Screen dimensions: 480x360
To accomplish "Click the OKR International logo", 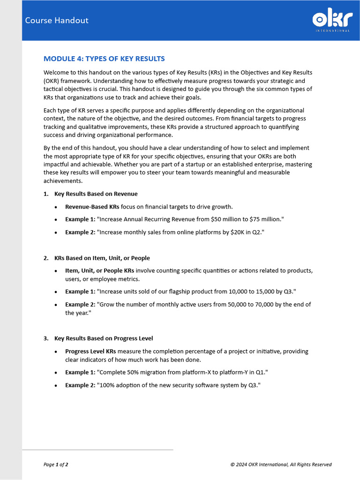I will point(331,21).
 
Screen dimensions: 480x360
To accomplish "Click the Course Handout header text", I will point(56,20).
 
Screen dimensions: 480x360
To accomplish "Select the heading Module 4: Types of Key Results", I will point(104,59).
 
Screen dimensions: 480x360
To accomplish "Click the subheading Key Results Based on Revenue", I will point(96,194).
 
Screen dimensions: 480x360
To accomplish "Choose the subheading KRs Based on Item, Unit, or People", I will point(102,258).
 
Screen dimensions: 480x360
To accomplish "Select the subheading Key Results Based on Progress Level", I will point(103,338).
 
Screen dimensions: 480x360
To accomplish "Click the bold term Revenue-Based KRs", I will point(92,207).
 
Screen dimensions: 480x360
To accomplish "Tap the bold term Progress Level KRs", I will point(90,351).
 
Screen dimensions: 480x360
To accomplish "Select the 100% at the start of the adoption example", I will point(106,385).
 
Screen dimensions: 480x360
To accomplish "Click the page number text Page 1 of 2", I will point(56,465).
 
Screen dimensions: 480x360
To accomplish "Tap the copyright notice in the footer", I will point(281,465).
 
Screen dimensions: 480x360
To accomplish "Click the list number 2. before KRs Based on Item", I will point(46,258).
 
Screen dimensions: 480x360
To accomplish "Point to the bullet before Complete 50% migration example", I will point(56,373).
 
